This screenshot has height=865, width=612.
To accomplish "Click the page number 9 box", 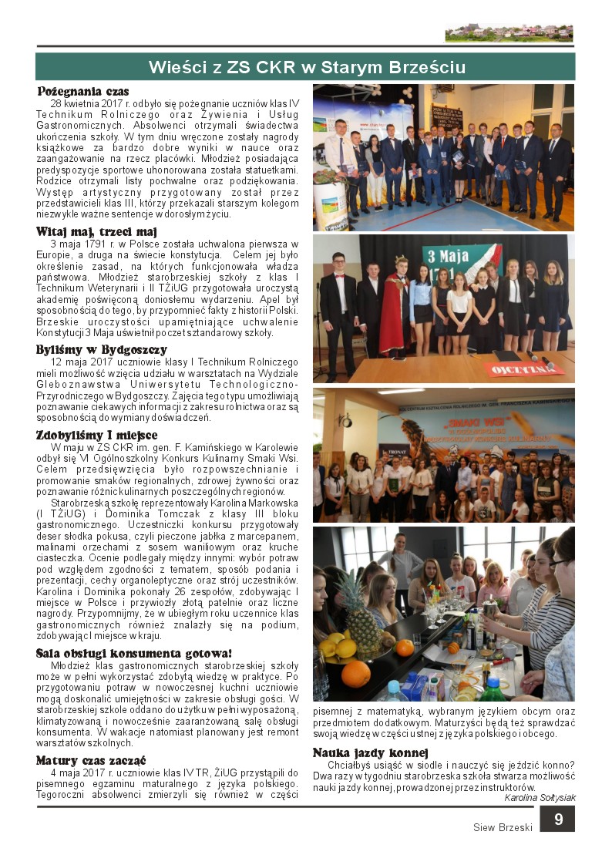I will pos(557,820).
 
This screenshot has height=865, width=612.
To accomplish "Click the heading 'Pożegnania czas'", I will pos(83,91).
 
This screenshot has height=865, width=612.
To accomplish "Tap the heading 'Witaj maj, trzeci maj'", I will pos(96,231).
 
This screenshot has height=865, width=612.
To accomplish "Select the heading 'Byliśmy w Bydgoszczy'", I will pos(101,349).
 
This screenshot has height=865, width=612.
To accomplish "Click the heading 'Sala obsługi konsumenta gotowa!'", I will pos(134,653).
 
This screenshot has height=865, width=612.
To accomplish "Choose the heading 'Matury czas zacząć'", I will pos(92,760).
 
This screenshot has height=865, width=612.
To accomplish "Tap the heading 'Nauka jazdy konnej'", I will pos(370,752).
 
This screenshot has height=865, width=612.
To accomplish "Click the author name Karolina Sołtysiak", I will pos(540,797).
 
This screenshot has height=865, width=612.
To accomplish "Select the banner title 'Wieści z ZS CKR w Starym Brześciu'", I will pos(306,68).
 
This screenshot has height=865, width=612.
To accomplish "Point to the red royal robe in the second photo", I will pos(394,313).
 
